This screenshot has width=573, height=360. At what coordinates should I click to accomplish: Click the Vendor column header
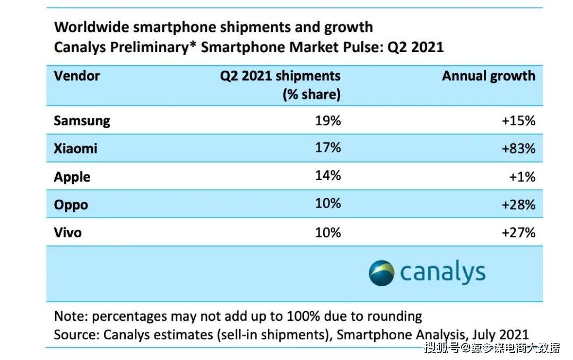(x=77, y=76)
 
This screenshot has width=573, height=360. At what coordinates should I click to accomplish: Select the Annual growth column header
(x=489, y=76)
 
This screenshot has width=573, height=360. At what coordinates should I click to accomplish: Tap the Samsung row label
(x=82, y=121)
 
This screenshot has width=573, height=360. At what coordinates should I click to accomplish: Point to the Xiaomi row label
(x=76, y=148)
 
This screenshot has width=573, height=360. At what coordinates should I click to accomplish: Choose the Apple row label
(x=72, y=177)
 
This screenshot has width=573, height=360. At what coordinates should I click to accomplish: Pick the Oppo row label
(x=71, y=205)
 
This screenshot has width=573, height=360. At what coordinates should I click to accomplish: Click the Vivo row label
(x=67, y=233)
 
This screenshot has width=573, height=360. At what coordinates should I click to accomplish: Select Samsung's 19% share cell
(x=328, y=121)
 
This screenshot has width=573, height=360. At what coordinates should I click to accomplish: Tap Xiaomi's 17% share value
(x=328, y=148)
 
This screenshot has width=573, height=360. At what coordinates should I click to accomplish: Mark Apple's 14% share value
(x=328, y=175)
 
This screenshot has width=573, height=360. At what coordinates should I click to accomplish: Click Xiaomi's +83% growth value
(x=518, y=148)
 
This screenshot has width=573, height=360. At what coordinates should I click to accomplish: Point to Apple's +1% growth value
(x=522, y=177)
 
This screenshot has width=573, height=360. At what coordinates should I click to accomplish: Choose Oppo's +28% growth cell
(x=518, y=204)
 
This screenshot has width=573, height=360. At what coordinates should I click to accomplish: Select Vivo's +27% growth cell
(x=518, y=233)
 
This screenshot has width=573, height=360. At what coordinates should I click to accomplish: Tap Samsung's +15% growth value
(x=518, y=121)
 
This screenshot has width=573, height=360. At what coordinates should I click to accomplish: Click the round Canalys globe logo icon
(x=381, y=273)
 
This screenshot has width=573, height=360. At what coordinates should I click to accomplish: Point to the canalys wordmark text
(x=443, y=272)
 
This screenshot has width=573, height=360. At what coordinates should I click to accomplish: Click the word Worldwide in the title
(x=91, y=27)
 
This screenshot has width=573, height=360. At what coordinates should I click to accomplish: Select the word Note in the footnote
(x=70, y=316)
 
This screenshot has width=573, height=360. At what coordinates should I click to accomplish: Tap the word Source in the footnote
(x=76, y=335)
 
